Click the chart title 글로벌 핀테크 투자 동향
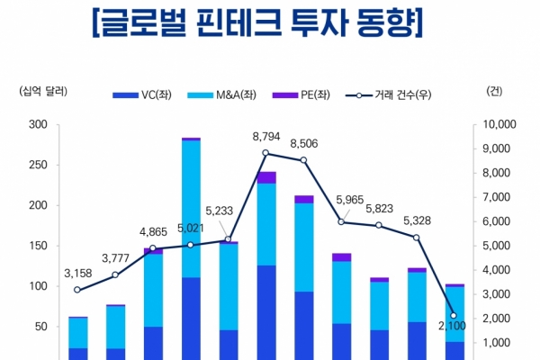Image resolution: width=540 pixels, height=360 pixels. pyautogui.click(x=257, y=22)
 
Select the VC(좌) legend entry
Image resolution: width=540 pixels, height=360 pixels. pyautogui.click(x=142, y=94)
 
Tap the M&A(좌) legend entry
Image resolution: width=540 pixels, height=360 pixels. pyautogui.click(x=221, y=94)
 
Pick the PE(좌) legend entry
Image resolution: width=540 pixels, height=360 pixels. pyautogui.click(x=301, y=94)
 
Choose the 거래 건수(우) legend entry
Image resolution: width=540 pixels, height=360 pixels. pyautogui.click(x=388, y=94)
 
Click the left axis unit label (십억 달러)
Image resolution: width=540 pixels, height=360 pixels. pyautogui.click(x=43, y=91)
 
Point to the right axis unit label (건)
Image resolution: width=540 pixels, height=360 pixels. pyautogui.click(x=494, y=91)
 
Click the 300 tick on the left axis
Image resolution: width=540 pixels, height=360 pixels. pyautogui.click(x=38, y=124)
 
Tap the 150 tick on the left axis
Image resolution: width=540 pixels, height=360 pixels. pyautogui.click(x=38, y=246)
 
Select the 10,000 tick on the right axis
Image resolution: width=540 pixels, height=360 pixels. pyautogui.click(x=499, y=124)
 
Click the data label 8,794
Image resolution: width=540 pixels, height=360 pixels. pyautogui.click(x=266, y=137)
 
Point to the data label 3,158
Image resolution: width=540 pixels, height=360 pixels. pyautogui.click(x=78, y=274)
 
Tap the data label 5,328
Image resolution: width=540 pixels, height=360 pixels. pyautogui.click(x=417, y=220)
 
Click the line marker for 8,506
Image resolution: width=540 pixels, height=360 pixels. pyautogui.click(x=303, y=160)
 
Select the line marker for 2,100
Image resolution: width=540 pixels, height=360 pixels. pyautogui.click(x=454, y=315)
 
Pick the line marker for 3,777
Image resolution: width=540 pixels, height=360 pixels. pyautogui.click(x=115, y=274)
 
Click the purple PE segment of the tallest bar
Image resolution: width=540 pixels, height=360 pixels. pyautogui.click(x=191, y=139)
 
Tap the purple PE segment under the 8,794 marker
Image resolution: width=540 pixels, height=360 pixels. pyautogui.click(x=266, y=177)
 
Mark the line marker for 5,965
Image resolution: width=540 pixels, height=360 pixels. pyautogui.click(x=341, y=222)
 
